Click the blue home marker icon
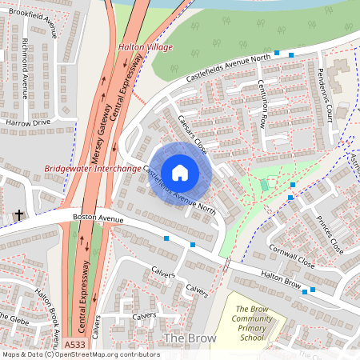click(180, 172)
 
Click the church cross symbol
click(19, 214)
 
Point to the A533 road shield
click(74, 345)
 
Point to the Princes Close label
click(329, 231)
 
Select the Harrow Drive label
click(27, 122)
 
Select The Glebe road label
click(13, 318)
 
